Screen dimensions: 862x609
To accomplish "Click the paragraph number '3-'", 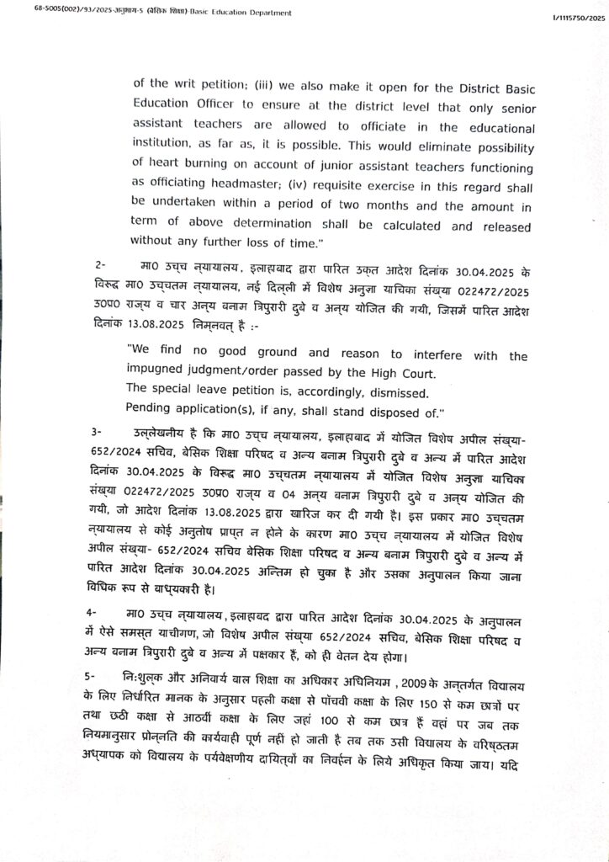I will click(x=98, y=430).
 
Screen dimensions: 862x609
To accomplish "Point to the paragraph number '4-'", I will click(x=98, y=609).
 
